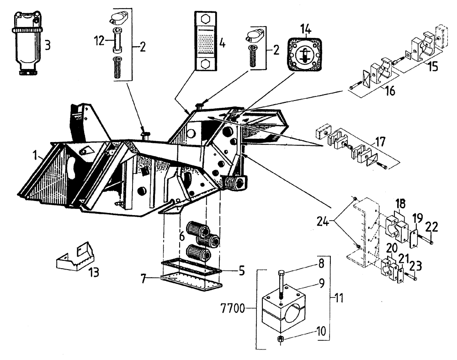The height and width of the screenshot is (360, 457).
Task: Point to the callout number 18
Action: tap(400, 204)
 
